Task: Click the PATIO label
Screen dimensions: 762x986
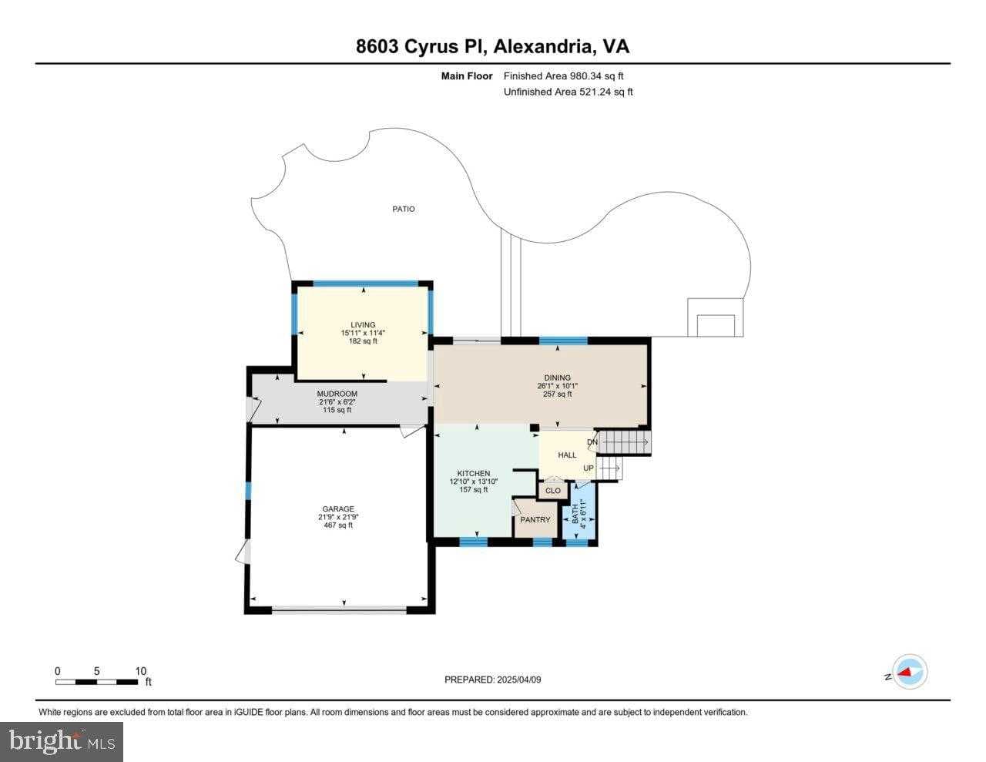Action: tap(403, 209)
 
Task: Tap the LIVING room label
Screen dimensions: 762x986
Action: tap(363, 324)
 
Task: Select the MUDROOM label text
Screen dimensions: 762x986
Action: tap(337, 394)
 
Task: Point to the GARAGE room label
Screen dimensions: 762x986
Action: tap(338, 509)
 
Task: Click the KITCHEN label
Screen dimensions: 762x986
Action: tap(474, 473)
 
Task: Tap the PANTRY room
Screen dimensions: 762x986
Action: tap(535, 519)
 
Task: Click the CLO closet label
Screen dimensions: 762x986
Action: tap(553, 491)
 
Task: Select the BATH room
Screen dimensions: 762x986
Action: tap(579, 515)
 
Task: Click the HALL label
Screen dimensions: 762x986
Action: tap(567, 455)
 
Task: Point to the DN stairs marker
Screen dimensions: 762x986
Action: tap(592, 442)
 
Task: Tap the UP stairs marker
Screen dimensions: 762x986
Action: tap(589, 468)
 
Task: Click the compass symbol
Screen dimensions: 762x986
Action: tap(909, 672)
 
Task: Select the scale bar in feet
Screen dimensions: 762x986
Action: tap(97, 681)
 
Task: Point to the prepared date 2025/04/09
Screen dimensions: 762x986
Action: tap(498, 680)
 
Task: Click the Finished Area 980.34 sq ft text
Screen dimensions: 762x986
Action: tap(563, 76)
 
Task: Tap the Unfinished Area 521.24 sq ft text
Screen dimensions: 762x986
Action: tap(568, 92)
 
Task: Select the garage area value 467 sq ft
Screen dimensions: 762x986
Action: tap(338, 525)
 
